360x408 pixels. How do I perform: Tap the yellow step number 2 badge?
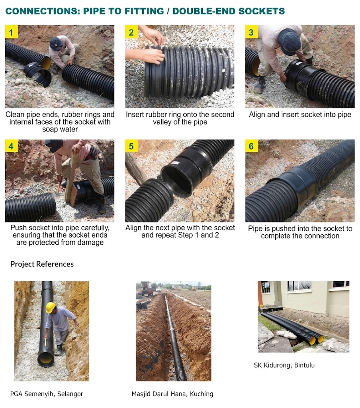[131, 32]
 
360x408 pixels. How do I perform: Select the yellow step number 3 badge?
[251, 32]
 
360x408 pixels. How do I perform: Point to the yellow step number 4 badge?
[12, 146]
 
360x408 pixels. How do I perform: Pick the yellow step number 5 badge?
[131, 146]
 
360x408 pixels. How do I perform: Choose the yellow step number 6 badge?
[251, 146]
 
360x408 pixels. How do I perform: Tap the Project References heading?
[42, 264]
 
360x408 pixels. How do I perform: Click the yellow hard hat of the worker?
[51, 307]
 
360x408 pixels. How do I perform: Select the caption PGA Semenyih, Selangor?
[47, 394]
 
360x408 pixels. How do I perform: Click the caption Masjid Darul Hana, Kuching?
[172, 394]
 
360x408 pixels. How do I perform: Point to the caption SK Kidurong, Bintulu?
[284, 365]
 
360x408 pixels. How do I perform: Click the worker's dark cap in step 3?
[289, 41]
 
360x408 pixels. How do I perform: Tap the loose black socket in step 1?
[37, 73]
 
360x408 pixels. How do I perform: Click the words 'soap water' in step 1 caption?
[60, 129]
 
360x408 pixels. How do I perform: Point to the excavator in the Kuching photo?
[147, 288]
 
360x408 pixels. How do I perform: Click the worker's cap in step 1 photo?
[56, 43]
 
